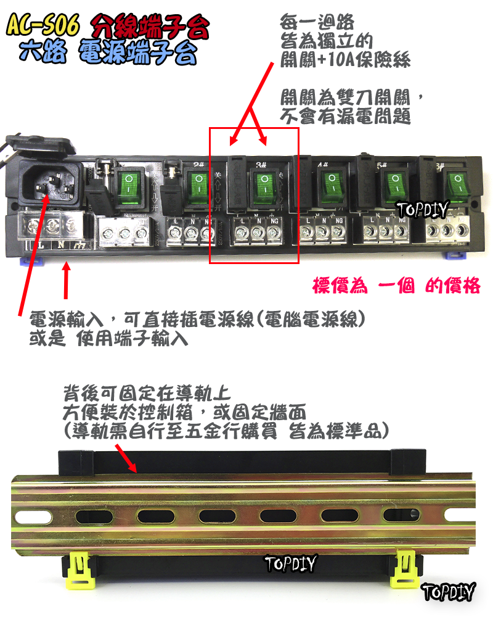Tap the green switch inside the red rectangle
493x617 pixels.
264,186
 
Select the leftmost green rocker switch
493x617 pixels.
130,185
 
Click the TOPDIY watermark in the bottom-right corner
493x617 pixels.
449,593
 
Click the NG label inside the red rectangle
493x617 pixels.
273,220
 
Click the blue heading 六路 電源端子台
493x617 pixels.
108,54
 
